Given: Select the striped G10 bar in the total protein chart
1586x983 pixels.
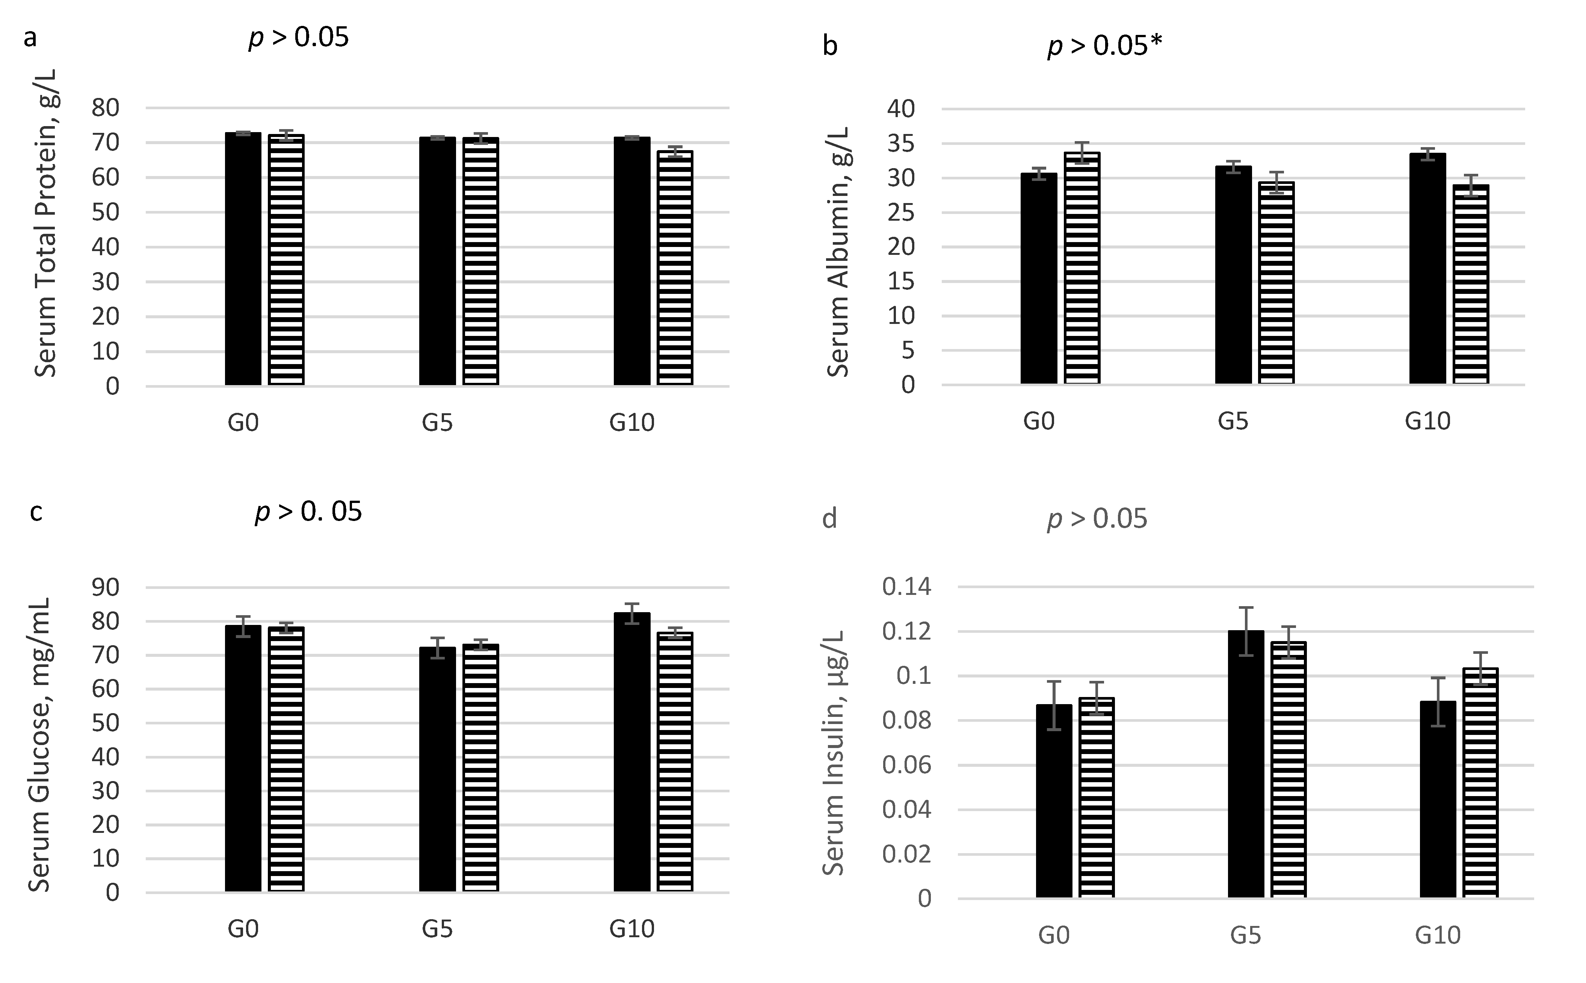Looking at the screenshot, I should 675,268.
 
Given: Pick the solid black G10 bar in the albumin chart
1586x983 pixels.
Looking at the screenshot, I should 1427,268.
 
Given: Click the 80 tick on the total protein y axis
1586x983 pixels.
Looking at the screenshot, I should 106,108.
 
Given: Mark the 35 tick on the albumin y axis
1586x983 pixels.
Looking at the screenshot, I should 900,144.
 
